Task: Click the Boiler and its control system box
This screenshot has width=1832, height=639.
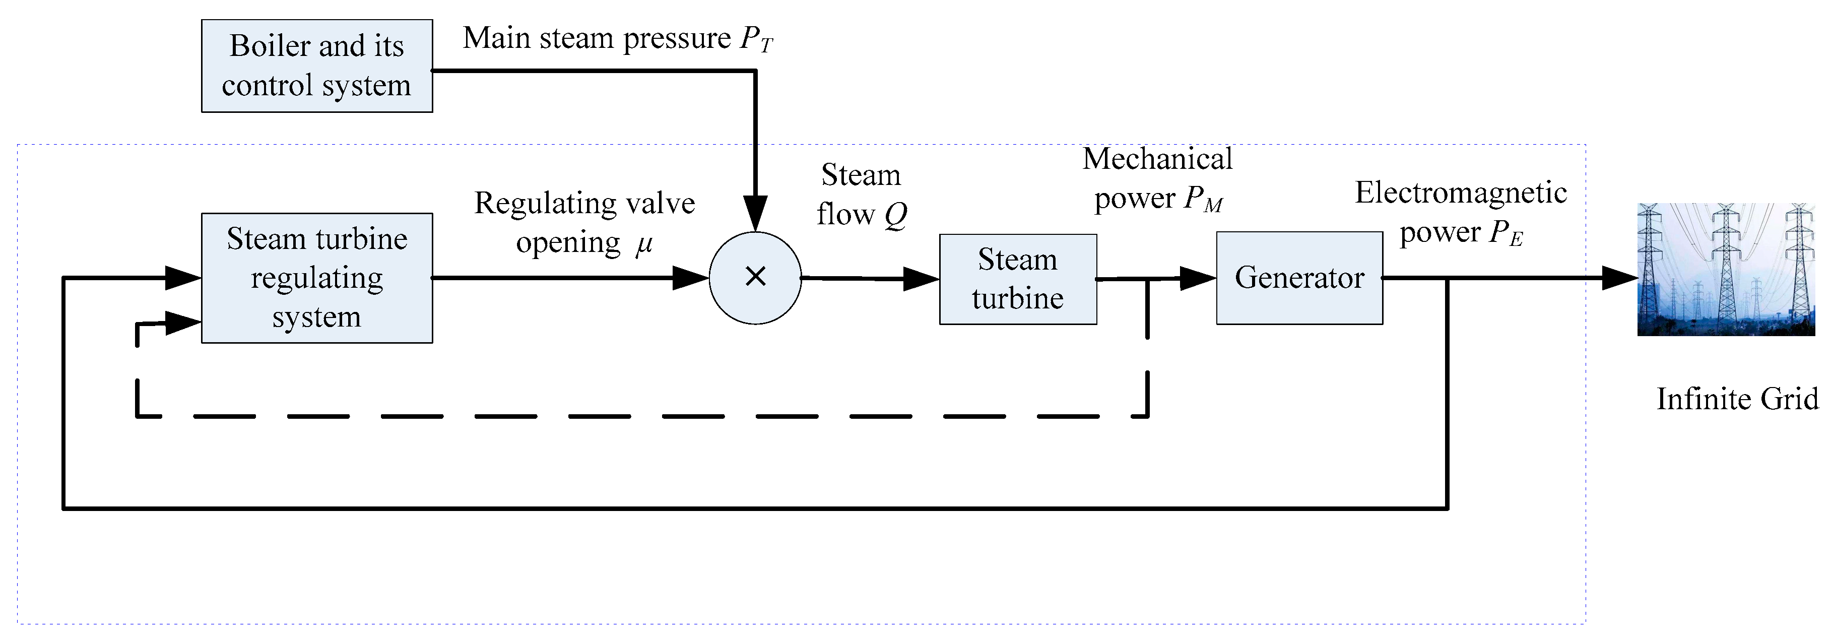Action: click(316, 66)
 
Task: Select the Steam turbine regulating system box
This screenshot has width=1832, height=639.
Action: click(316, 278)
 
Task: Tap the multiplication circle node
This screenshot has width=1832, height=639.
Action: click(755, 278)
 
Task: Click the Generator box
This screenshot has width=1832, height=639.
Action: click(1299, 278)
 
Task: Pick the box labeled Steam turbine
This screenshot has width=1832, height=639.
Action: click(1018, 279)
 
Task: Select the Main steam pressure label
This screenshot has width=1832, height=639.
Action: click(598, 38)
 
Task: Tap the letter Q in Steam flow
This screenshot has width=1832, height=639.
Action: click(896, 215)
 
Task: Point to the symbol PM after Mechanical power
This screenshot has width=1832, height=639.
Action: click(1203, 199)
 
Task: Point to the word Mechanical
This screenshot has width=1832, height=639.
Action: click(1157, 159)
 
